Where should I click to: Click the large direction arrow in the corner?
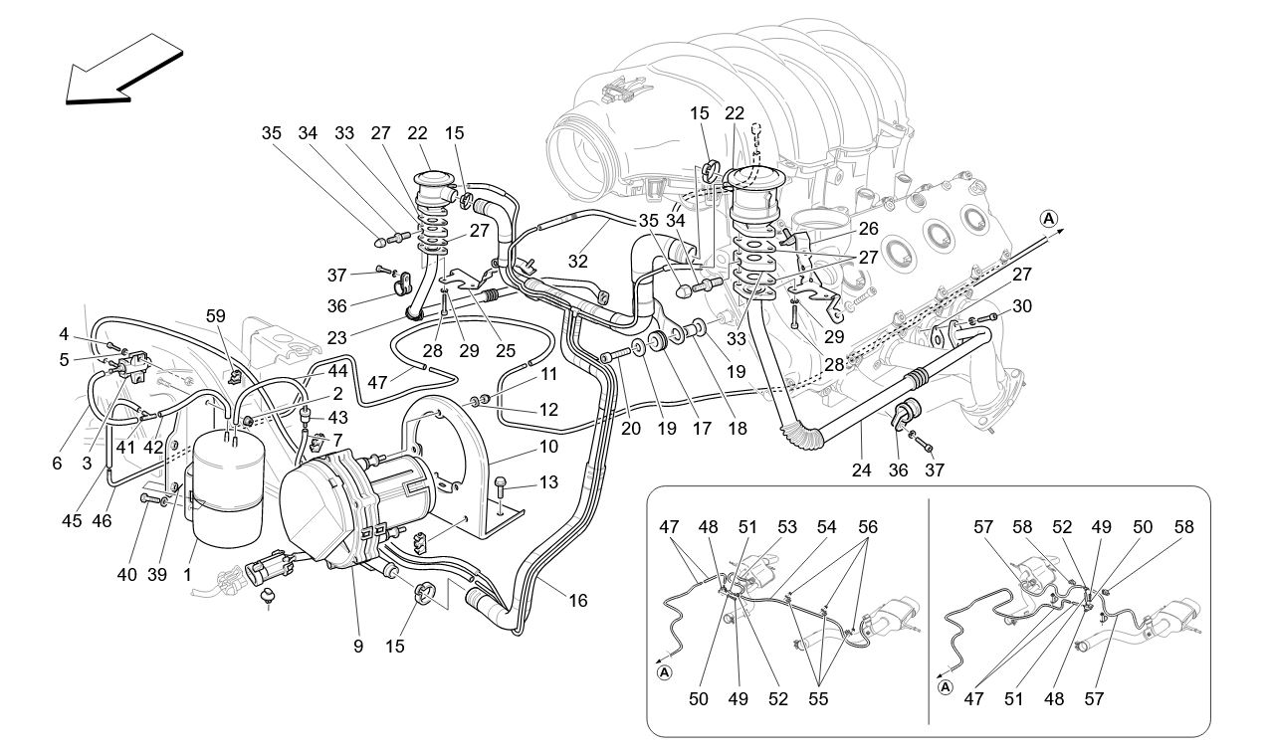coord(119,70)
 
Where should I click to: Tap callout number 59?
coord(216,317)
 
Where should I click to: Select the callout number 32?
coord(578,261)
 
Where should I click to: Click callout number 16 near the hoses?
coord(578,600)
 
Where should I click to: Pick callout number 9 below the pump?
coord(357,647)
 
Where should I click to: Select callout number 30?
coord(1023,305)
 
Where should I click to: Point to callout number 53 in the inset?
coord(787,527)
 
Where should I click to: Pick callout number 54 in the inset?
coord(827,527)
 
